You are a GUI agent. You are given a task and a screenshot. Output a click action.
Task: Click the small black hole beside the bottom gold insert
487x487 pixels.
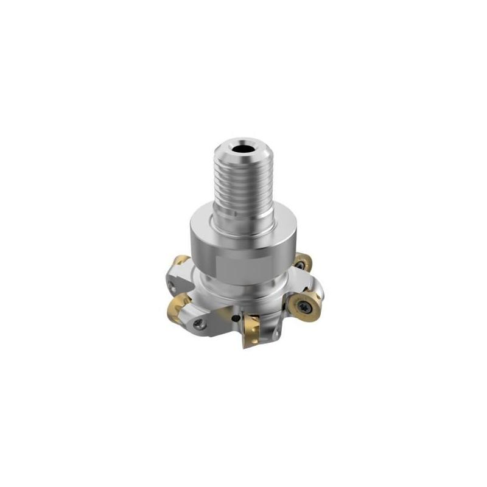(x=236, y=319)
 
